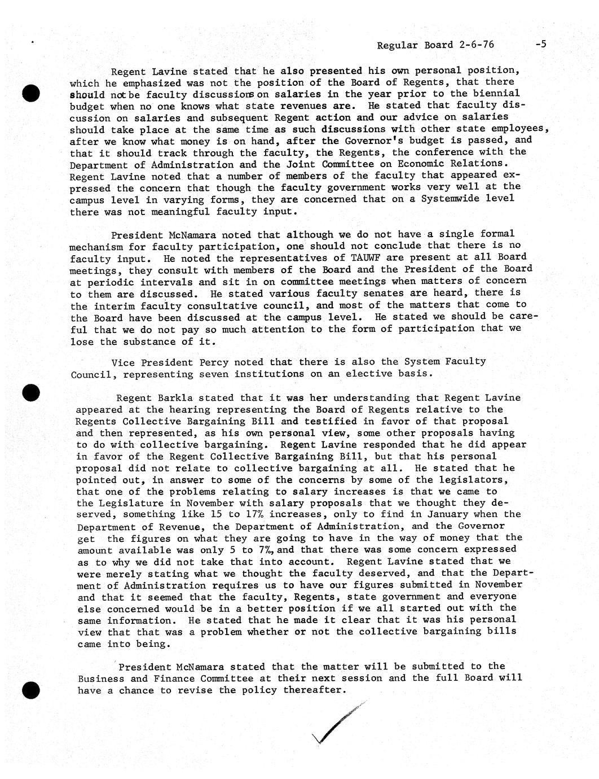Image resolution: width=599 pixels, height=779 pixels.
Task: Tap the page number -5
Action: click(540, 44)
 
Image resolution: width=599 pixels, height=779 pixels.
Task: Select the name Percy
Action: click(208, 362)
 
